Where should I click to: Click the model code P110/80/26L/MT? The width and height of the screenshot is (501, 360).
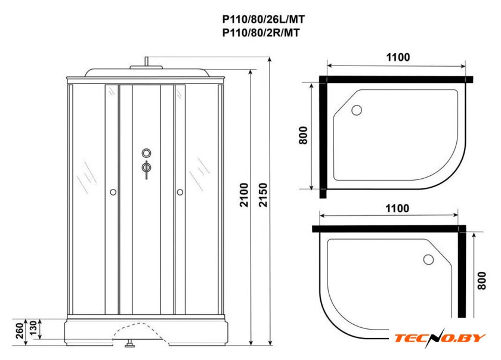[263, 20]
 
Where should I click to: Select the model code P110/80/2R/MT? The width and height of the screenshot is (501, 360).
[261, 33]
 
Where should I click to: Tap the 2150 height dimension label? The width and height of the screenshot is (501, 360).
[263, 195]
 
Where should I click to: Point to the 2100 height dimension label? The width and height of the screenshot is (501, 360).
[244, 195]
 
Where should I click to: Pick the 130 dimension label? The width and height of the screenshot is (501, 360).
[33, 328]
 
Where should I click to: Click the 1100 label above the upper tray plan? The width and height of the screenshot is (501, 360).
[398, 57]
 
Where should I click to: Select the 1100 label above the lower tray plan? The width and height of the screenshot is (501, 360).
[397, 208]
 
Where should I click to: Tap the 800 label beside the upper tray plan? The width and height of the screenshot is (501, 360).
[303, 135]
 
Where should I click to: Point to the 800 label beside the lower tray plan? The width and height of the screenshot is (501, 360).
[481, 281]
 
